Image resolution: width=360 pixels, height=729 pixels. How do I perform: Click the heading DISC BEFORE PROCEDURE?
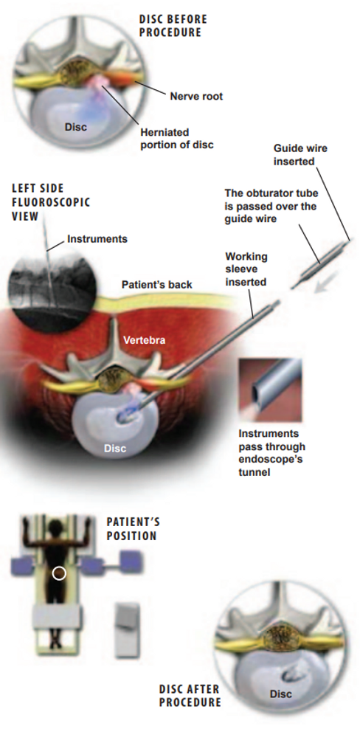pyautogui.click(x=173, y=26)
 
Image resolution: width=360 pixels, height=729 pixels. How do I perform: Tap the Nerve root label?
pyautogui.click(x=196, y=96)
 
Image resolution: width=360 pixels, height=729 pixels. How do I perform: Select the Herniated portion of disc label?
pyautogui.click(x=177, y=139)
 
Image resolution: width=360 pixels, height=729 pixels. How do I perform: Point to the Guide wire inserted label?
pyautogui.click(x=300, y=155)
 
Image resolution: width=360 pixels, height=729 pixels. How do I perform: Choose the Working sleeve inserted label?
pyautogui.click(x=246, y=269)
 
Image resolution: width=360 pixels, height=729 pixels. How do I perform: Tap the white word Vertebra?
pyautogui.click(x=144, y=340)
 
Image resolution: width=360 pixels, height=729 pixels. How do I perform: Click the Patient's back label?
pyautogui.click(x=156, y=285)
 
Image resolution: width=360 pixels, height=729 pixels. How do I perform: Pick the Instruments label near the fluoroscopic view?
pyautogui.click(x=97, y=239)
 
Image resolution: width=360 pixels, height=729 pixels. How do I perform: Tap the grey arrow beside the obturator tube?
pyautogui.click(x=325, y=284)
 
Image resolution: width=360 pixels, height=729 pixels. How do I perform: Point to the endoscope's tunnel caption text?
pyautogui.click(x=272, y=453)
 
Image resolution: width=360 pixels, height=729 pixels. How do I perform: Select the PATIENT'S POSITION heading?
pyautogui.click(x=133, y=528)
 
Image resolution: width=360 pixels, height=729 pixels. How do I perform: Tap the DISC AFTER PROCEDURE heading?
pyautogui.click(x=189, y=695)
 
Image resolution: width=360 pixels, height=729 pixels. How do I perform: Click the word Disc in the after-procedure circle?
pyautogui.click(x=281, y=694)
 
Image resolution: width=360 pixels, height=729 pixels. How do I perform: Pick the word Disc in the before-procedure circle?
pyautogui.click(x=76, y=126)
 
